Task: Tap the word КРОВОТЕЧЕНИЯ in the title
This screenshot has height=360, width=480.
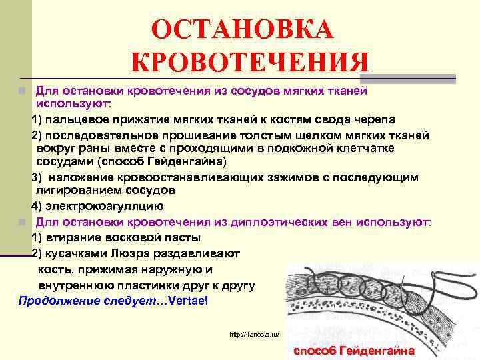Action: tap(250, 64)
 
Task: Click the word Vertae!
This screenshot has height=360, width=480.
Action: tap(189, 301)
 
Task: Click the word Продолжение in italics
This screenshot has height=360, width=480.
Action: tap(53, 301)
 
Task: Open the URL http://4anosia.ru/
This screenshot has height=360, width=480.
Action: tap(254, 333)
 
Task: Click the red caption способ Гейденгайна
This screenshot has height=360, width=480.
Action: tap(353, 351)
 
